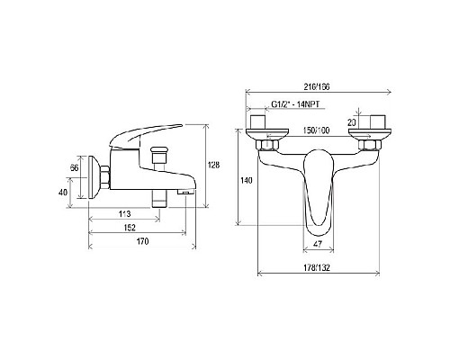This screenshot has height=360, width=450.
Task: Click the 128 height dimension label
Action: point(213,165)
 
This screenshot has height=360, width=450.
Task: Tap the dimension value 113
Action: point(124,214)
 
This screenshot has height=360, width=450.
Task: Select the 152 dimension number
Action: point(130,228)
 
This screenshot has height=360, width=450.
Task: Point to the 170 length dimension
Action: point(142,241)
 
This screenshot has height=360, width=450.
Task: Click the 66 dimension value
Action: point(74,168)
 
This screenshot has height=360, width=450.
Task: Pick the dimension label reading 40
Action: point(63,193)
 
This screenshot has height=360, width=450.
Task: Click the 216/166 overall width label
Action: point(317,87)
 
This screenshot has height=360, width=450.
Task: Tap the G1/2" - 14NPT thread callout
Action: point(295,104)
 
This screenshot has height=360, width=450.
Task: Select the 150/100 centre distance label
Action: point(316,130)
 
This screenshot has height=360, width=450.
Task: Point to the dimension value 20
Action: point(352,122)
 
